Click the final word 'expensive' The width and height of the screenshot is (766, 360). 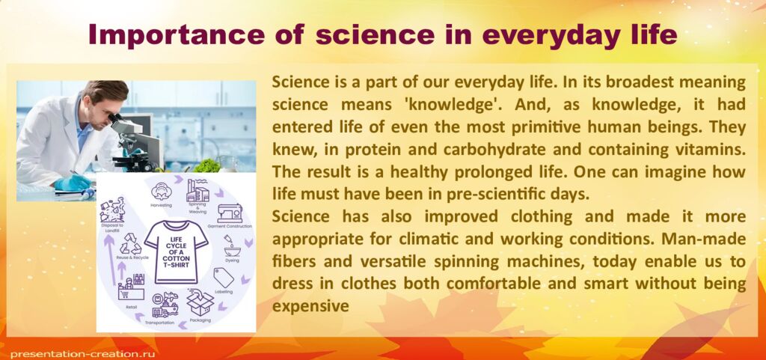click(x=311, y=306)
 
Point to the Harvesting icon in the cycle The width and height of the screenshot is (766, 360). click(x=160, y=189)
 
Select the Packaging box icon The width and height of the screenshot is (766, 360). click(x=200, y=303)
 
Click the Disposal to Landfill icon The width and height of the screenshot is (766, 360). click(x=112, y=210)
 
